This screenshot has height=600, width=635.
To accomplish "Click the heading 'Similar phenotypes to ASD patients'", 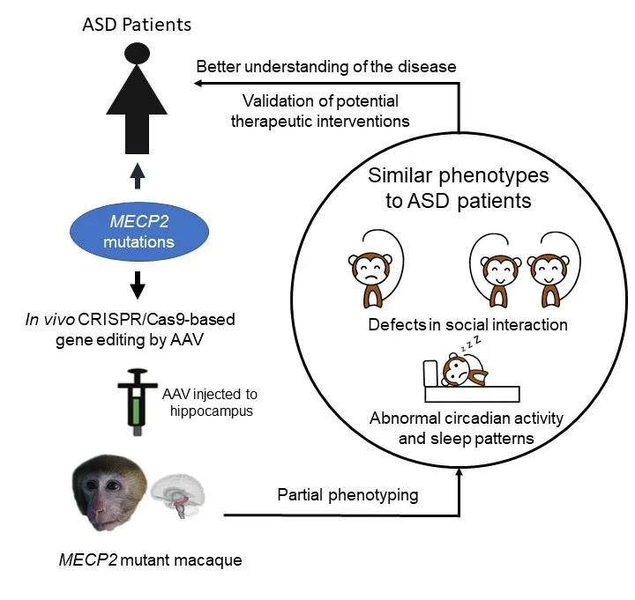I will pos(458,188).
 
